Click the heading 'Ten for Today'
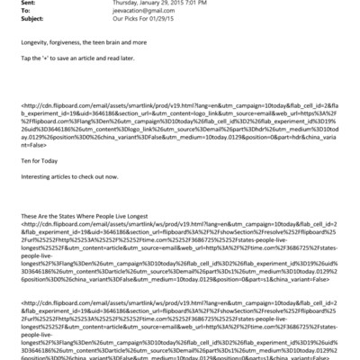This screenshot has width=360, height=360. pos(35,178)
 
